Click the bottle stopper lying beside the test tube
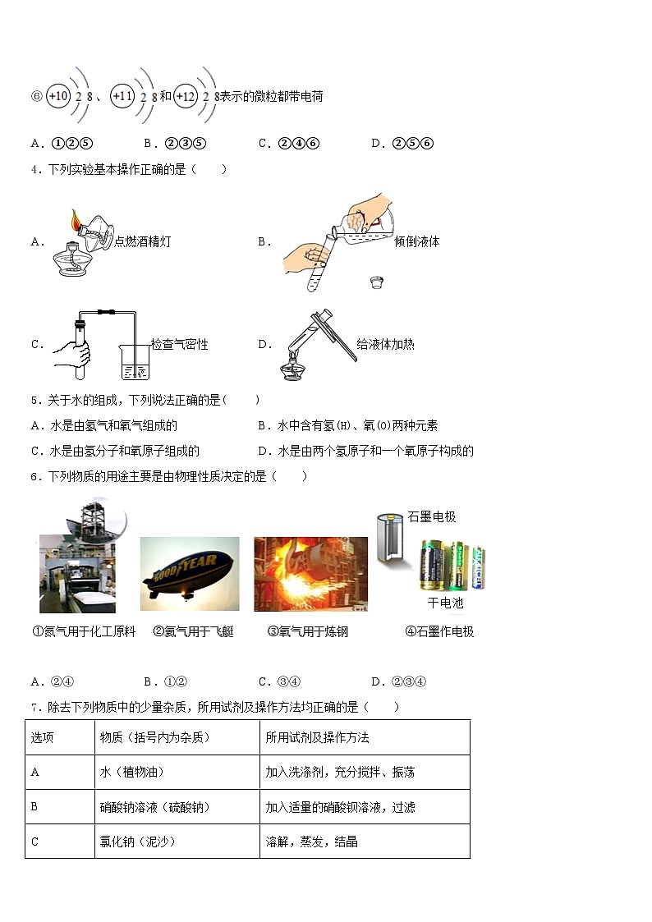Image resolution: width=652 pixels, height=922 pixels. pyautogui.click(x=378, y=282)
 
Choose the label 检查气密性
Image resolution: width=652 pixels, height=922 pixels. pyautogui.click(x=179, y=344)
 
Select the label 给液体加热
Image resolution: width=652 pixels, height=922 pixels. pyautogui.click(x=385, y=344)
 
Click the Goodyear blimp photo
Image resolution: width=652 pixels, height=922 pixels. pyautogui.click(x=190, y=574)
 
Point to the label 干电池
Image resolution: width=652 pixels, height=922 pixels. pyautogui.click(x=445, y=603)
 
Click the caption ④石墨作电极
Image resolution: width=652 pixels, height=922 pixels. pyautogui.click(x=439, y=631)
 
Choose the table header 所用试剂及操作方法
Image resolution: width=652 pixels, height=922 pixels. pyautogui.click(x=317, y=737)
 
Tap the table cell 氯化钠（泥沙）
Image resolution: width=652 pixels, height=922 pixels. pyautogui.click(x=137, y=842)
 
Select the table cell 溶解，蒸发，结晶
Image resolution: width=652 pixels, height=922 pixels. pyautogui.click(x=311, y=842)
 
